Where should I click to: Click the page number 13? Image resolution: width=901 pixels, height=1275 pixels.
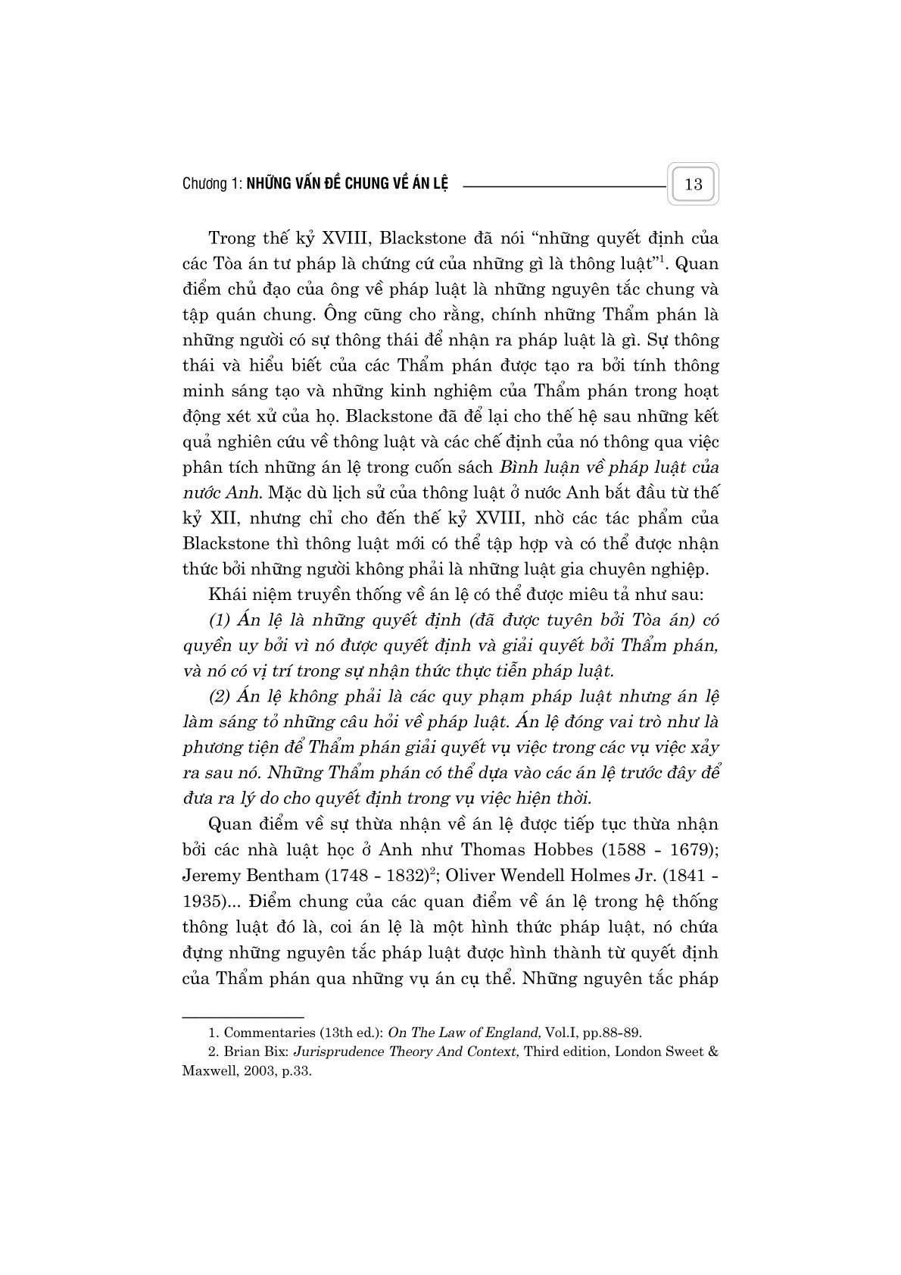[693, 184]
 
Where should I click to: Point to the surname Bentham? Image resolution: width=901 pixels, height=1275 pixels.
[281, 875]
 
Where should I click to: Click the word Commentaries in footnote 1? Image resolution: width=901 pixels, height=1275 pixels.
[267, 1032]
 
